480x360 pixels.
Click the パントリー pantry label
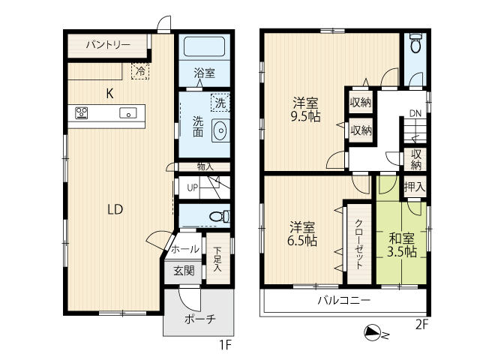(x=108, y=45)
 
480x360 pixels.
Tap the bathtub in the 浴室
(x=205, y=46)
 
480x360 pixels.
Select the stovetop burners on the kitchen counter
(x=82, y=113)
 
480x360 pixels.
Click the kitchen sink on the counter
(x=128, y=113)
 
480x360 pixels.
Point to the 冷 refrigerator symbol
(x=140, y=71)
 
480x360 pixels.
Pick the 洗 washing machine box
(x=220, y=103)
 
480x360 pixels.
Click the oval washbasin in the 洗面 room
(x=220, y=130)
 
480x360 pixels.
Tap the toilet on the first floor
(x=220, y=216)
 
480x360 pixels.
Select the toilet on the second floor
(x=415, y=43)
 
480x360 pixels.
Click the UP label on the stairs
(x=192, y=187)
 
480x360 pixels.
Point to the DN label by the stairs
(x=415, y=113)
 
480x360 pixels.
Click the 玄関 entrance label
(x=184, y=271)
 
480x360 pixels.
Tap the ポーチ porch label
(x=200, y=319)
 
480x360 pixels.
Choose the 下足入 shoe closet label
(x=217, y=259)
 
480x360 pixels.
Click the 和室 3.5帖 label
(x=402, y=245)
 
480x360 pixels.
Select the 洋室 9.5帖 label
(x=305, y=109)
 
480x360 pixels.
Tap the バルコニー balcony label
(x=343, y=300)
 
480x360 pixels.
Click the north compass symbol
(x=373, y=333)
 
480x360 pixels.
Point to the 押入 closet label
(x=415, y=187)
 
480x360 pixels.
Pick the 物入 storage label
(x=205, y=166)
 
